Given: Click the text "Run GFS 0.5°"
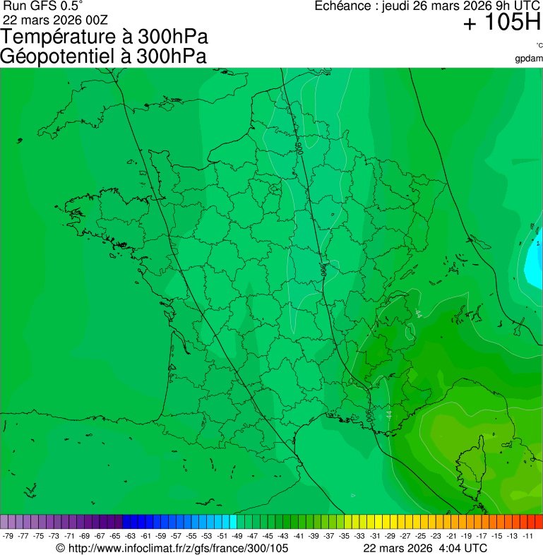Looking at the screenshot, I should click(43, 6).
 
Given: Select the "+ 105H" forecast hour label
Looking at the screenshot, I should click(501, 23).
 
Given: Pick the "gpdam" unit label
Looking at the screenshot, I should click(529, 58).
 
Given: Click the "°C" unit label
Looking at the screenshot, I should click(538, 46).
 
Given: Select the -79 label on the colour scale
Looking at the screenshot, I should click(8, 536).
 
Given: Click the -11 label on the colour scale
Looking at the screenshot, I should click(527, 536).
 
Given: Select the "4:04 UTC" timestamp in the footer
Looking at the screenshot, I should click(462, 548).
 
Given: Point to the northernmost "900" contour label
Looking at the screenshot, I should click(299, 148).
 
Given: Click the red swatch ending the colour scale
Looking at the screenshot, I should click(539, 522).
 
